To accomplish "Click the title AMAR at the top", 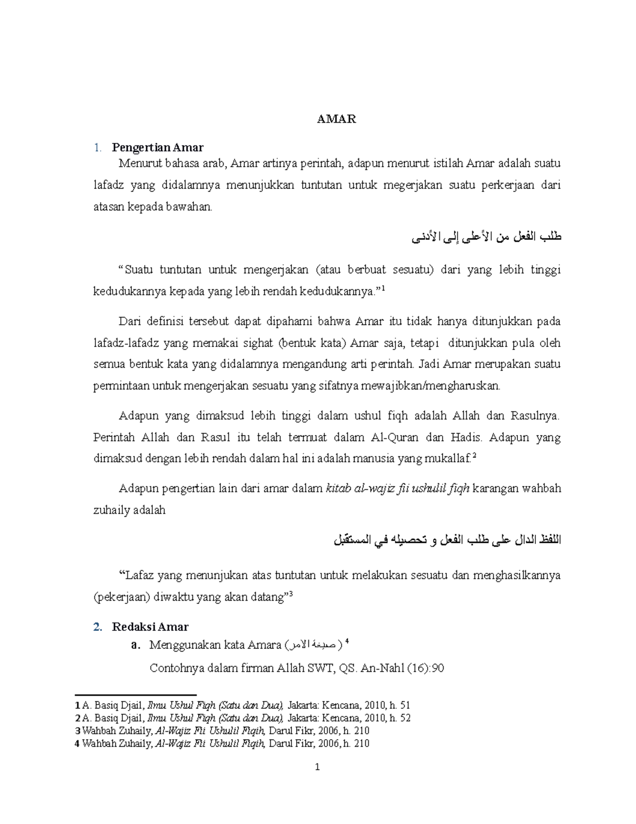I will pyautogui.click(x=337, y=119).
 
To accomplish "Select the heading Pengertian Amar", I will pyautogui.click(x=157, y=147).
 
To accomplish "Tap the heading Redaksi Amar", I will pyautogui.click(x=150, y=627).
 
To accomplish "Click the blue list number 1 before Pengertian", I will pyautogui.click(x=97, y=147).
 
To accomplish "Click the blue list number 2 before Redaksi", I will pyautogui.click(x=97, y=627).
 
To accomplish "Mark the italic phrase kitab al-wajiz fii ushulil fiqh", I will pyautogui.click(x=396, y=488).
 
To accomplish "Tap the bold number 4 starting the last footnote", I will pyautogui.click(x=77, y=743).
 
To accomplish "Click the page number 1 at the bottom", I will pyautogui.click(x=317, y=767).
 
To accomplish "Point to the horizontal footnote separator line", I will pyautogui.click(x=136, y=694).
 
